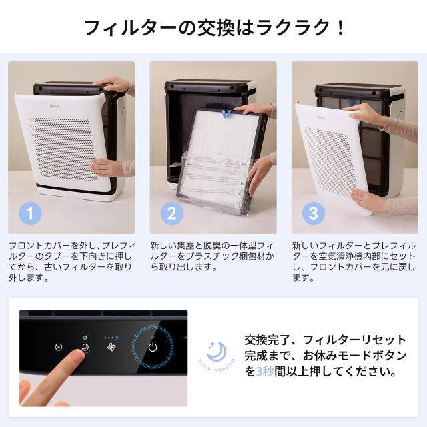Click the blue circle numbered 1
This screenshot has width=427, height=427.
(29, 213)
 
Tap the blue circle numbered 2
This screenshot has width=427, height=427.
(171, 213)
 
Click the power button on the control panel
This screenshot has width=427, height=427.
(153, 346)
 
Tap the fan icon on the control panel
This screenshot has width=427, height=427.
(110, 347)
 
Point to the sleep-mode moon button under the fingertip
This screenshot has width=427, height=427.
(85, 347)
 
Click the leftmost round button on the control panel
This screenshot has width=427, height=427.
(59, 347)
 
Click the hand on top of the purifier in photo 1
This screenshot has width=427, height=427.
(115, 85)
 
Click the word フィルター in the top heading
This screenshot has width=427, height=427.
(123, 27)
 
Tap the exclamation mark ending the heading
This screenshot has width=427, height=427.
(340, 27)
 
